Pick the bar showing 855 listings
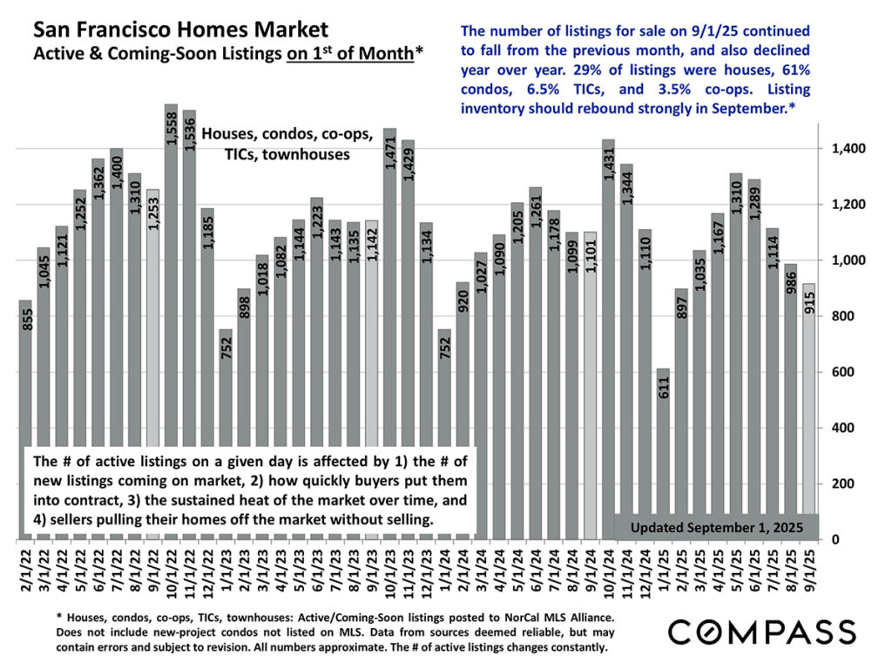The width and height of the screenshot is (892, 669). (26, 418)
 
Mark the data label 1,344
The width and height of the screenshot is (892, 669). (627, 184)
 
